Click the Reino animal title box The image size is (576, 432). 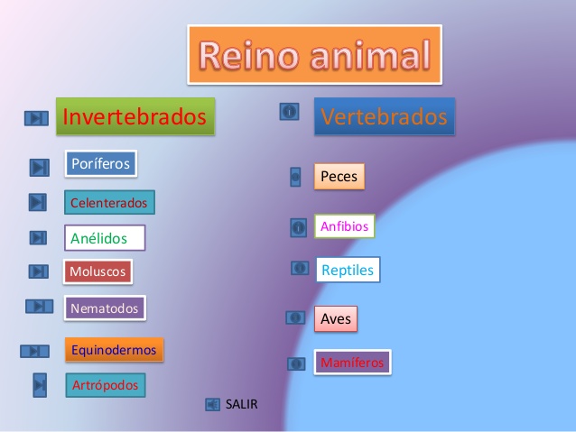point(314,54)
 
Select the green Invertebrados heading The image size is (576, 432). point(135,116)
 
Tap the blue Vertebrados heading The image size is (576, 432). point(384,116)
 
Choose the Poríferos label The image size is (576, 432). point(100,163)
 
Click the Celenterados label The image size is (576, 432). point(109,202)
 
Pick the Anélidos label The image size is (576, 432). point(105,238)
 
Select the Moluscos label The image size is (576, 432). point(98,271)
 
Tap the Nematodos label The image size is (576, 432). point(105,308)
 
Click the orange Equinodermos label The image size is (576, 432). point(114,349)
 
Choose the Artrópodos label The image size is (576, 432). point(105,385)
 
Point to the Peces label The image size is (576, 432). point(339,177)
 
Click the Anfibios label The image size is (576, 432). point(344,226)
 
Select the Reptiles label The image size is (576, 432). point(347,270)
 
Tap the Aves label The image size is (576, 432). point(335,317)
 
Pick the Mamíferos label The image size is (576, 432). point(352,363)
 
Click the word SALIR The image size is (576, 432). point(241,404)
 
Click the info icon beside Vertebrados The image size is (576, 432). point(289,112)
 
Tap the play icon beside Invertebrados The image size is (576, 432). point(36,118)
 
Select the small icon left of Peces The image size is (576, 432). point(295,177)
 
